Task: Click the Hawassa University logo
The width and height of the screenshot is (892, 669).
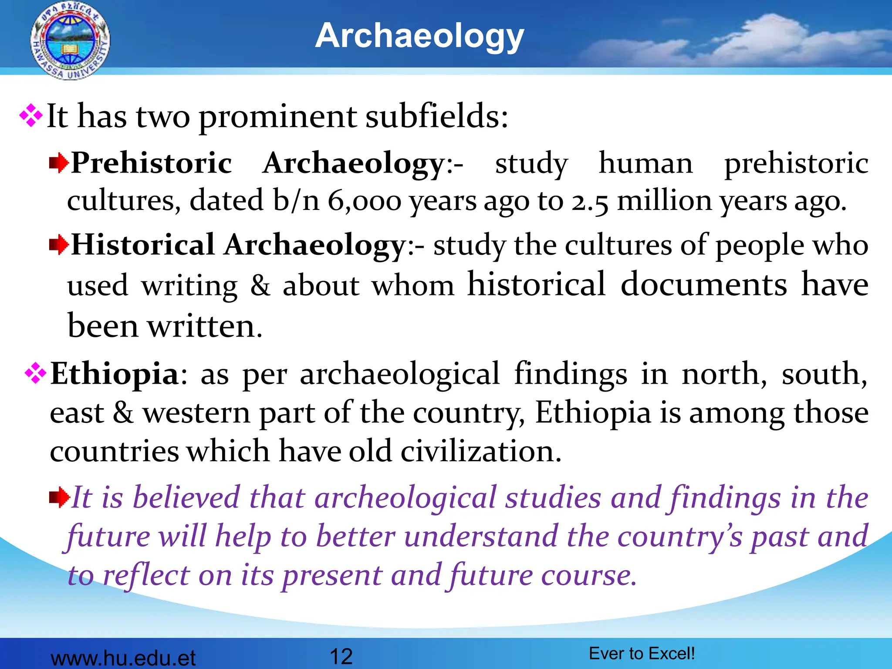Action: pos(70,41)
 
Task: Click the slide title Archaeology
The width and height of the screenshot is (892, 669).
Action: pos(419,36)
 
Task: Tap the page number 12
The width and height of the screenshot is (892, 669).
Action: pos(341,656)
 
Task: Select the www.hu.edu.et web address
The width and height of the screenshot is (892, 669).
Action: pos(123,658)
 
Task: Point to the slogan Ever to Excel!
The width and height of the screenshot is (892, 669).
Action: pos(642,653)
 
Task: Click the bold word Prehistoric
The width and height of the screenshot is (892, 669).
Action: pos(151,163)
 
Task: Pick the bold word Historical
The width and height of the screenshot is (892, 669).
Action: pos(143,245)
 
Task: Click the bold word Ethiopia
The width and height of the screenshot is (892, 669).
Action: pos(115,374)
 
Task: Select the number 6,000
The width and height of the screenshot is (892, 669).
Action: pos(364,201)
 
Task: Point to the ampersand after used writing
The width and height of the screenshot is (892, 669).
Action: pos(260,286)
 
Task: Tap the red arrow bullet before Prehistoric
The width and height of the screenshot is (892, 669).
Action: pos(59,164)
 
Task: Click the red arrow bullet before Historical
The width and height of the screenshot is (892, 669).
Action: pos(59,245)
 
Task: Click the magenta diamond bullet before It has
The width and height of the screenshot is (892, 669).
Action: pos(31,116)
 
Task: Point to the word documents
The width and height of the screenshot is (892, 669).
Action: pos(703,285)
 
